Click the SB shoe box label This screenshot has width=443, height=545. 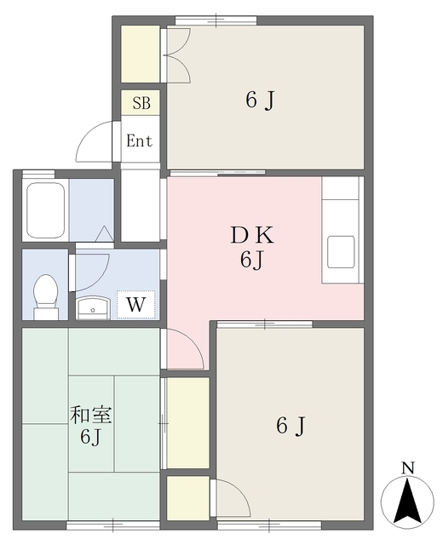[x=141, y=104]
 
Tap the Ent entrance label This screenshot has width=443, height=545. [x=140, y=141]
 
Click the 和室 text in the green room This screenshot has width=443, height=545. [x=91, y=416]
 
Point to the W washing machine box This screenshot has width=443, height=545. [x=135, y=304]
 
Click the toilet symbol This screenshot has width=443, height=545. [x=44, y=294]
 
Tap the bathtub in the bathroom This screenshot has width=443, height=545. [x=46, y=209]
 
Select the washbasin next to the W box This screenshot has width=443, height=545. [x=93, y=306]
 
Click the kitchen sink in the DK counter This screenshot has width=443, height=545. [x=342, y=253]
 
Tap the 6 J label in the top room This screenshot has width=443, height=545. [x=259, y=100]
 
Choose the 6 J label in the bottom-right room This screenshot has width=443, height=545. [x=290, y=426]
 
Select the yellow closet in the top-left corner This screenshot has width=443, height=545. [x=140, y=55]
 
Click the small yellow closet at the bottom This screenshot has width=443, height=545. [x=188, y=496]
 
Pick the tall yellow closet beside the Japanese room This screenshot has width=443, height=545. [x=187, y=422]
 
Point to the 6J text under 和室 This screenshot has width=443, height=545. [x=91, y=439]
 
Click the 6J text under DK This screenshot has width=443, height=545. [x=250, y=260]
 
